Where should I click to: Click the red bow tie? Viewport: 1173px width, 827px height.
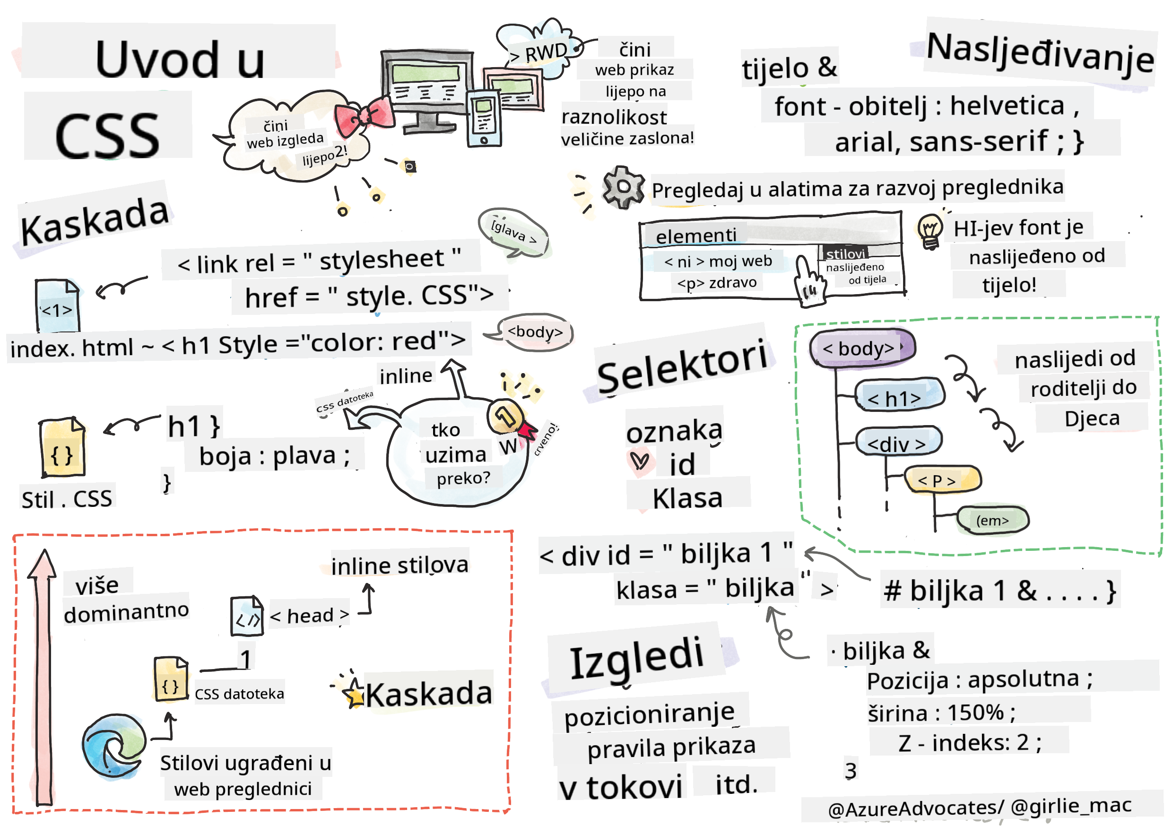click(x=364, y=116)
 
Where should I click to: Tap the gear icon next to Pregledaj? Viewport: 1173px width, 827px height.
click(x=623, y=187)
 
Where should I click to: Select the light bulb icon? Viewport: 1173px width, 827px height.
click(x=930, y=231)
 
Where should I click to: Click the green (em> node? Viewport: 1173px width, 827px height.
click(x=992, y=521)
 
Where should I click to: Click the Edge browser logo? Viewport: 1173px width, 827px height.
click(x=113, y=746)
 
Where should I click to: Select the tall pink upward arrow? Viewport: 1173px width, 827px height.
click(x=43, y=674)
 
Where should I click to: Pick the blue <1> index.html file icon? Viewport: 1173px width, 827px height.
click(x=57, y=305)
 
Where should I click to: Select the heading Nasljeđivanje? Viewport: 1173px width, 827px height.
click(x=1040, y=52)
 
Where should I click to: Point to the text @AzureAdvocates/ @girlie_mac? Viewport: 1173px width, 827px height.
click(x=979, y=807)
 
